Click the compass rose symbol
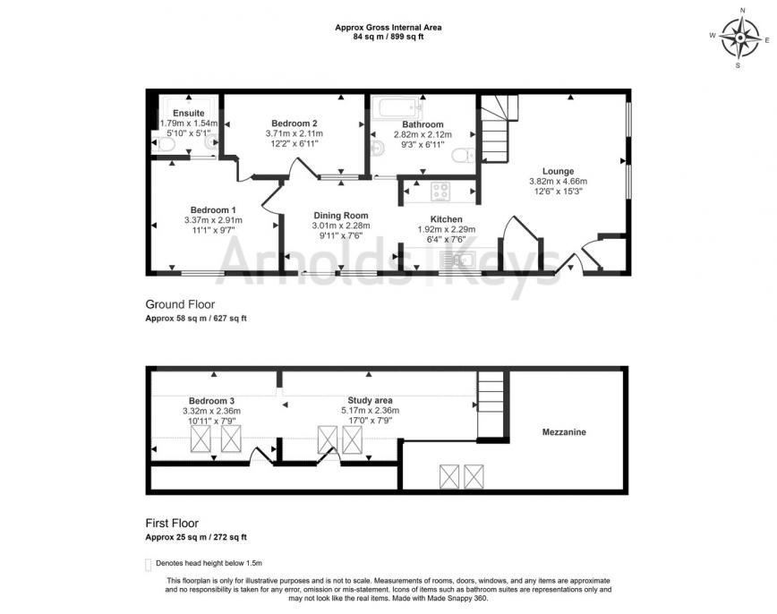pyautogui.click(x=739, y=38)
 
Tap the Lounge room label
pyautogui.click(x=558, y=172)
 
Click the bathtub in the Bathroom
pyautogui.click(x=397, y=108)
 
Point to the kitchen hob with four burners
pyautogui.click(x=440, y=192)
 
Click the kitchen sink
pyautogui.click(x=460, y=260)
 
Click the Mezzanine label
pyautogui.click(x=564, y=432)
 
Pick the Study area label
pyautogui.click(x=371, y=400)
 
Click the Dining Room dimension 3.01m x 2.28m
pyautogui.click(x=341, y=226)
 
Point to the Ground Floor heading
pyautogui.click(x=180, y=304)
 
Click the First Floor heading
pyautogui.click(x=172, y=523)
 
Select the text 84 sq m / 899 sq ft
pyautogui.click(x=388, y=37)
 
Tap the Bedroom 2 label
pyautogui.click(x=295, y=124)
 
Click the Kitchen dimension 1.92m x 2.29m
pyautogui.click(x=447, y=229)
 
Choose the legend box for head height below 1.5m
pyautogui.click(x=148, y=565)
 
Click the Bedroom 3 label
pyautogui.click(x=211, y=401)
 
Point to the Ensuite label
pyautogui.click(x=189, y=113)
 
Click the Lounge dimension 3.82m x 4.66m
pyautogui.click(x=558, y=182)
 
